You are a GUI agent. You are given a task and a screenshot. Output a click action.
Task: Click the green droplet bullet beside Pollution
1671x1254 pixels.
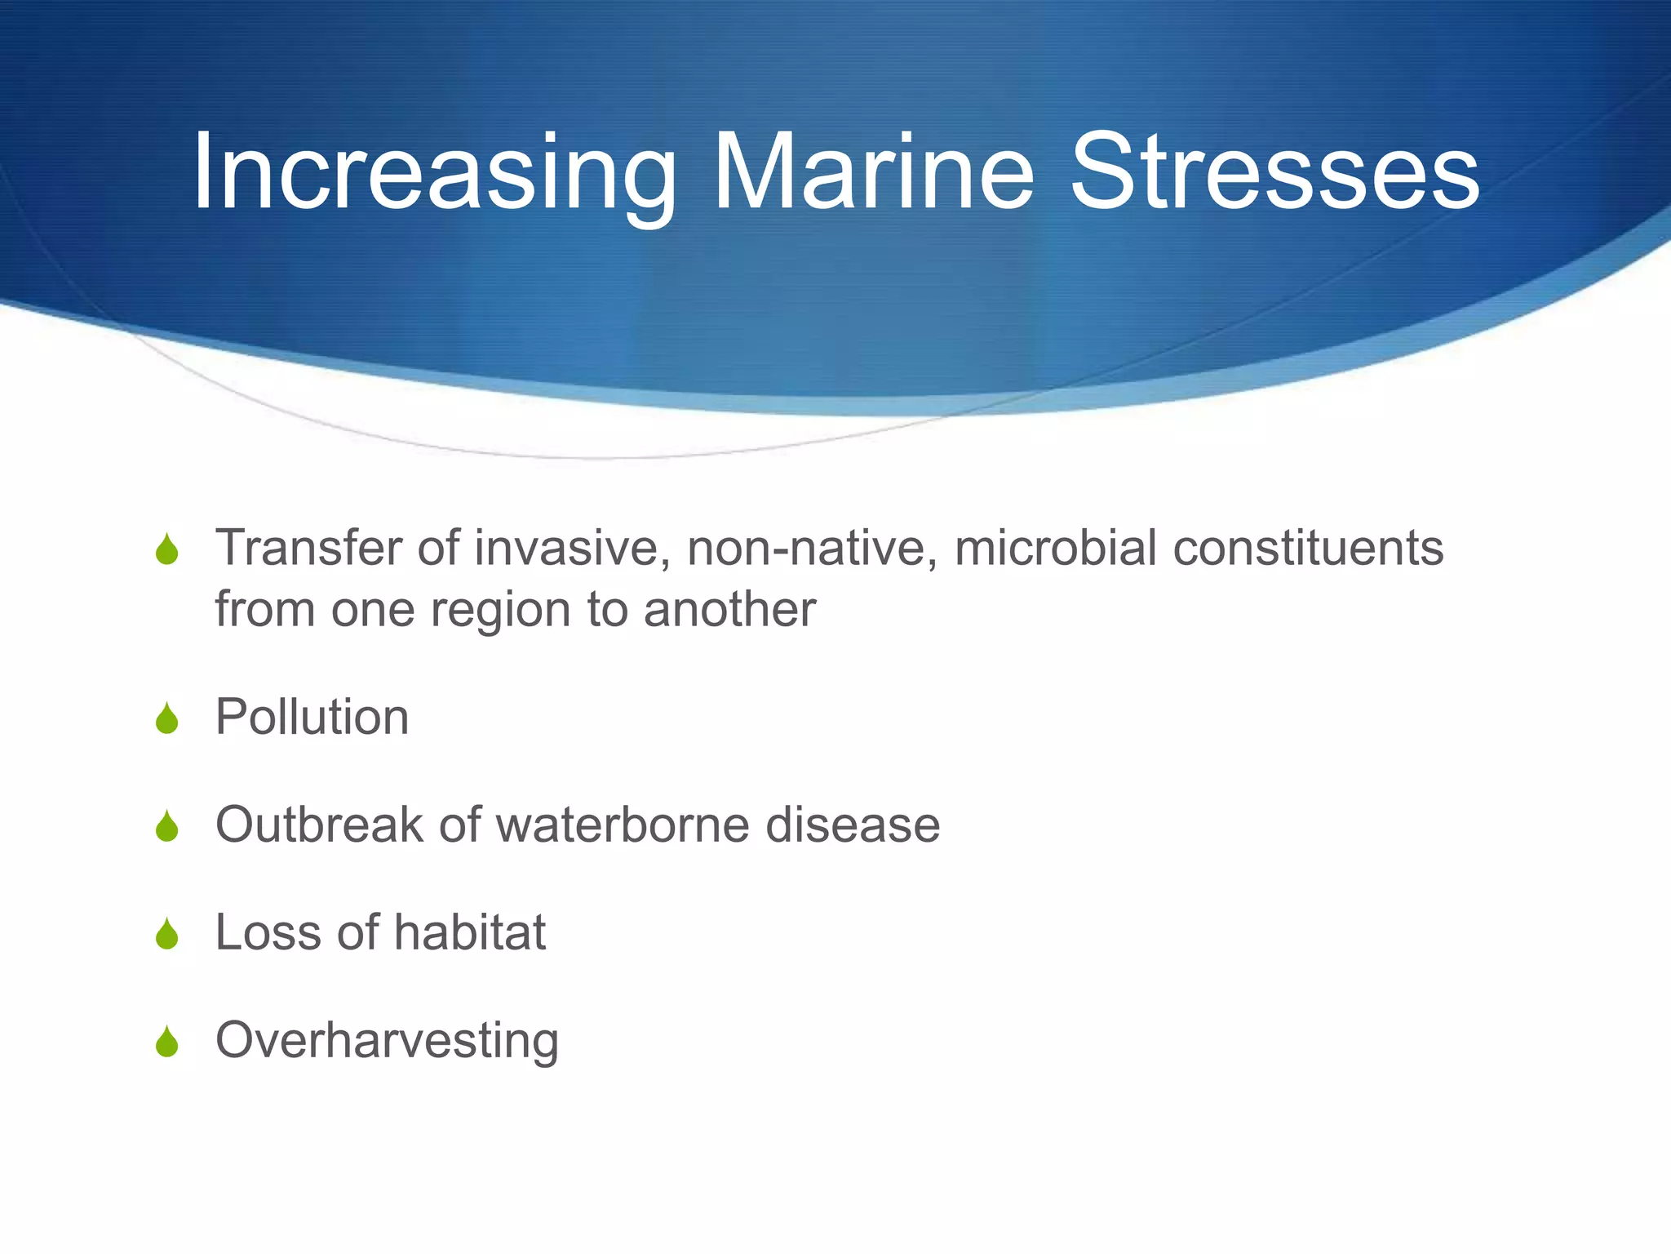point(167,719)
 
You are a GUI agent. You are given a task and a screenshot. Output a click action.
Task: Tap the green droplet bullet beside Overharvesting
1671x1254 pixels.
point(167,1043)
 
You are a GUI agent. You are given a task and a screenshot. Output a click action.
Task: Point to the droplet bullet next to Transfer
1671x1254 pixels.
point(167,549)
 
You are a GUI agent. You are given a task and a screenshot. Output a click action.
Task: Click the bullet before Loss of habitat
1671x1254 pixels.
point(167,935)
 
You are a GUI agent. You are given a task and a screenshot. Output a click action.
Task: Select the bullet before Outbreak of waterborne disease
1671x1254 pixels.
point(167,827)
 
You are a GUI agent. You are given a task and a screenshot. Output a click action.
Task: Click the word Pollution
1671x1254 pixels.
point(312,718)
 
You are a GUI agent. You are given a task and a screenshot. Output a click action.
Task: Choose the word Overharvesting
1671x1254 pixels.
point(387,1041)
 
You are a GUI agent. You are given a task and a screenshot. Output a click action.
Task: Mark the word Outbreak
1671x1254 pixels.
point(319,825)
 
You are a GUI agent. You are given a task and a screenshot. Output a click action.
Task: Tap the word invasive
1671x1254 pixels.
point(573,548)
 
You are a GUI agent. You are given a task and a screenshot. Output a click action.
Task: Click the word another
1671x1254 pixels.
point(729,610)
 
